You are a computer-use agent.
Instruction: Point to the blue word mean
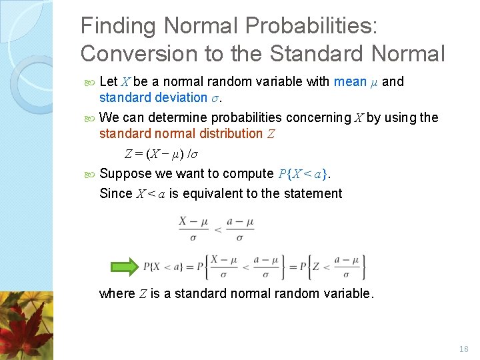coord(350,81)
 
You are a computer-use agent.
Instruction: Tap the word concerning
coord(317,117)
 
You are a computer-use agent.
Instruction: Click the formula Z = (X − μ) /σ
coord(161,154)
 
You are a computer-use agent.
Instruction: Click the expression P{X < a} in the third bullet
coord(302,174)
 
